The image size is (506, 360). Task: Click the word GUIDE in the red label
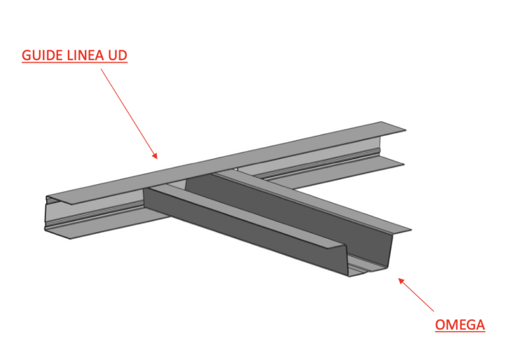pos(42,55)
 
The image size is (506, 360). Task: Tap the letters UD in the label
pos(117,55)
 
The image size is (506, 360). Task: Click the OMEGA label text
pos(460,325)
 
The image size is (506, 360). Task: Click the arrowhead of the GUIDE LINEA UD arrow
pos(155,156)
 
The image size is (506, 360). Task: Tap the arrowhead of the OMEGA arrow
pos(401,281)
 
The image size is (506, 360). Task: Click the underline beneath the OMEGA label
pos(460,331)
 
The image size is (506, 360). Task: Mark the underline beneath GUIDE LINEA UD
pos(74,61)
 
